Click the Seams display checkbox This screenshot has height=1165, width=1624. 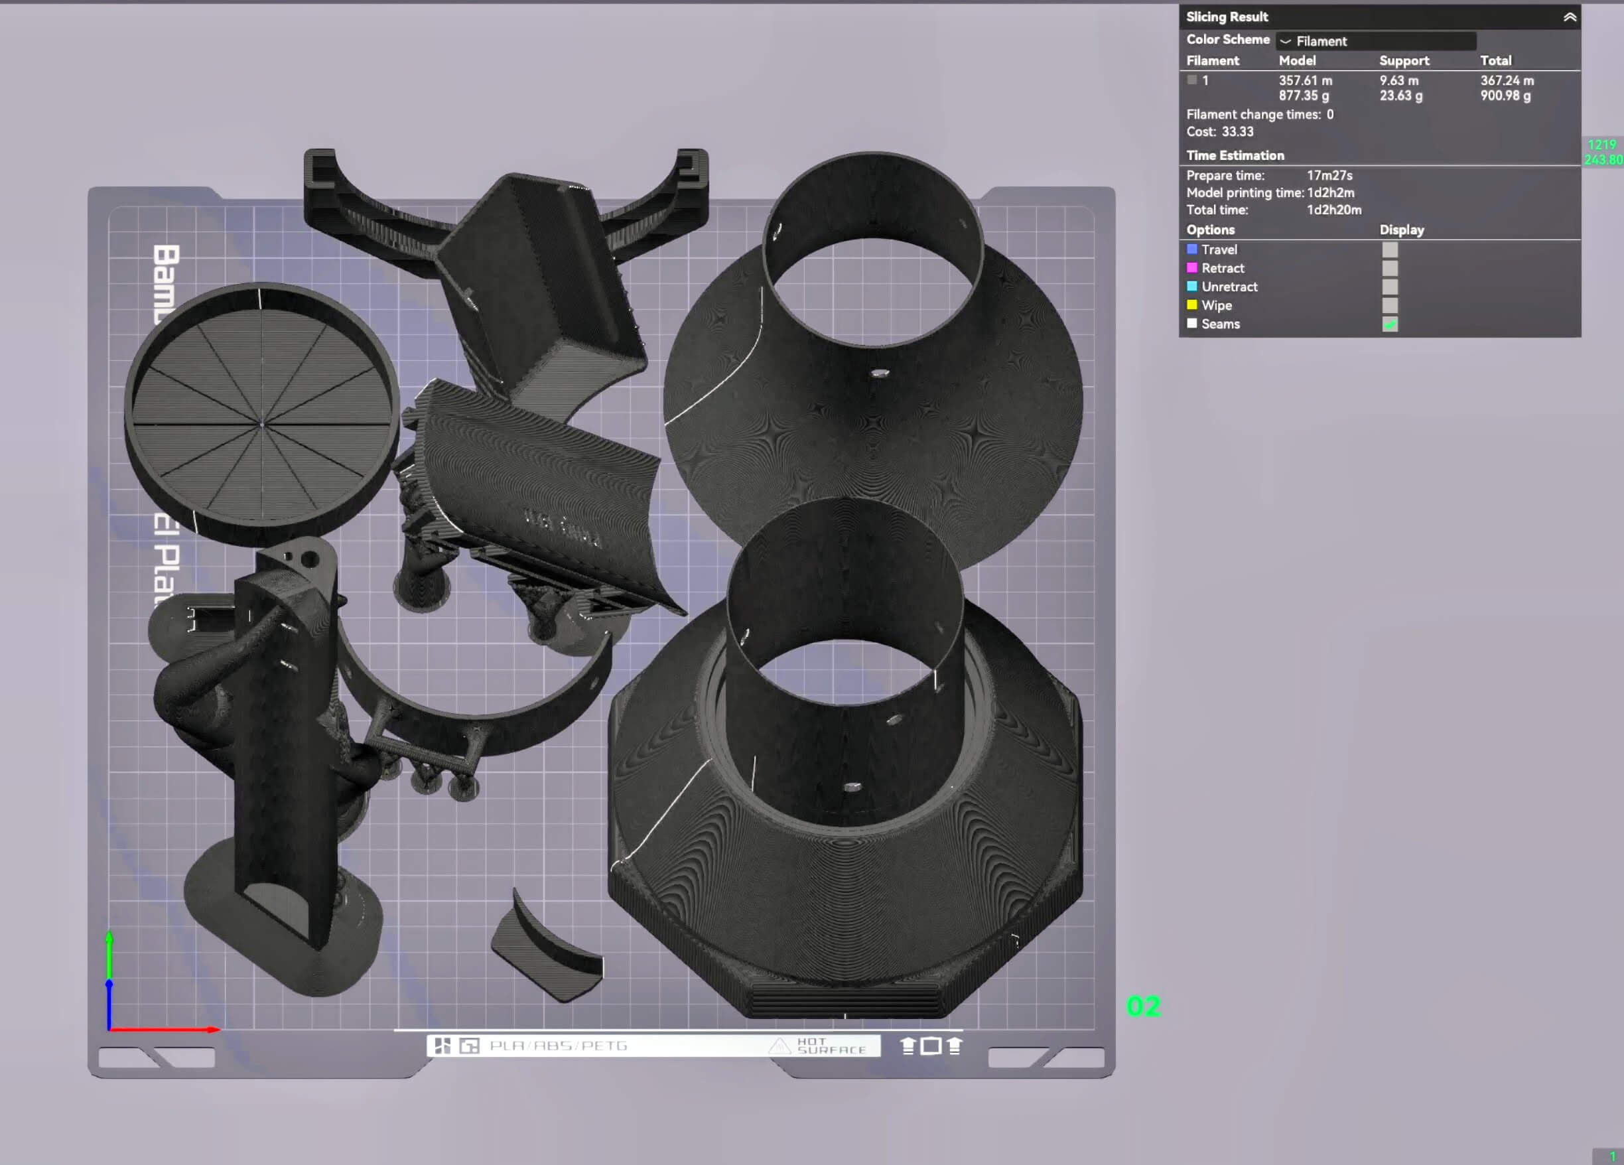click(x=1390, y=324)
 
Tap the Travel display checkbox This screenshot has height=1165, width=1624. click(x=1390, y=250)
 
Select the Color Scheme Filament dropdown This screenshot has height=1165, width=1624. click(x=1375, y=41)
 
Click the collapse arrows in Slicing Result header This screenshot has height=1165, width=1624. click(x=1570, y=17)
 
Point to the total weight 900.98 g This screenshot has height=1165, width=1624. click(x=1505, y=96)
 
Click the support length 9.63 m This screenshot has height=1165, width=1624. click(x=1398, y=81)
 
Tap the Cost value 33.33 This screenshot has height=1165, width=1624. click(x=1237, y=132)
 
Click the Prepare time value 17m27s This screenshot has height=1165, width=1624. click(x=1329, y=175)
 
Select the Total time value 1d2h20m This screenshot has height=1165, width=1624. click(x=1334, y=210)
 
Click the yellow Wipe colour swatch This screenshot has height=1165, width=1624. click(x=1192, y=305)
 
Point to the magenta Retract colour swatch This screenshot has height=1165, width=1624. click(x=1192, y=268)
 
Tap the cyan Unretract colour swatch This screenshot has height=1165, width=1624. click(x=1192, y=287)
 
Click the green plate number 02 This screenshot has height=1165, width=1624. click(x=1143, y=1006)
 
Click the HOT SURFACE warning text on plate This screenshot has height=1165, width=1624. click(x=831, y=1046)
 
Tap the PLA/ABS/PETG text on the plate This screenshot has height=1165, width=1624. click(x=559, y=1046)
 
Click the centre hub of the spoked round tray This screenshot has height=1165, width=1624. click(x=262, y=425)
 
